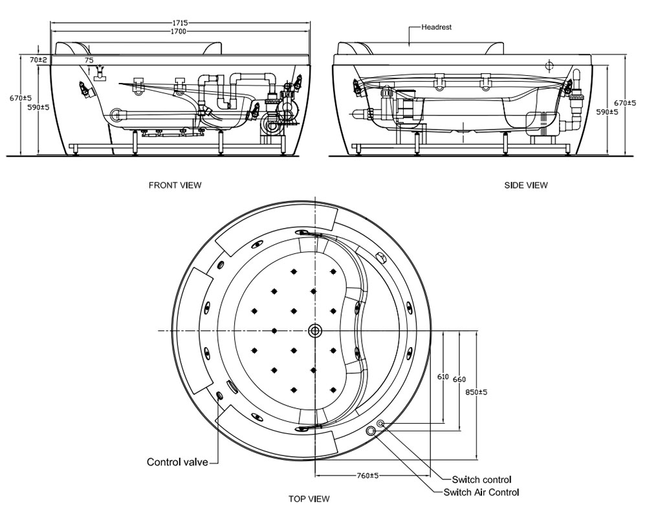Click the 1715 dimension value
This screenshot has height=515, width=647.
[x=179, y=23]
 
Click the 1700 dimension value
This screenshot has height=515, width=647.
[x=179, y=31]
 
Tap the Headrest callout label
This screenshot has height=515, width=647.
[x=436, y=28]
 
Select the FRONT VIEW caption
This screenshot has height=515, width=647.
[x=175, y=185]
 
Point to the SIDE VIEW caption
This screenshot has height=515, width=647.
[x=525, y=185]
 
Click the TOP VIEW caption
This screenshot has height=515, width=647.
[x=309, y=499]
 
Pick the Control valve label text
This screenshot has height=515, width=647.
[x=177, y=462]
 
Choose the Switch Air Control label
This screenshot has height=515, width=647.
[x=481, y=492]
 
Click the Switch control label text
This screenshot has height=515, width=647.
[x=481, y=479]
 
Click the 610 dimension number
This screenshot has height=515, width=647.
[x=443, y=376]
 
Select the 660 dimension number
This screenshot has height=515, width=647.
[x=459, y=379]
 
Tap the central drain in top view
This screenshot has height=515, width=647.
[x=315, y=330]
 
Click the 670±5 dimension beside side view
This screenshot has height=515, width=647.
[x=624, y=103]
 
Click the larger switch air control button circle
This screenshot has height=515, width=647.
[x=371, y=431]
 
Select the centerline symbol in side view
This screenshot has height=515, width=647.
[x=549, y=65]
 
